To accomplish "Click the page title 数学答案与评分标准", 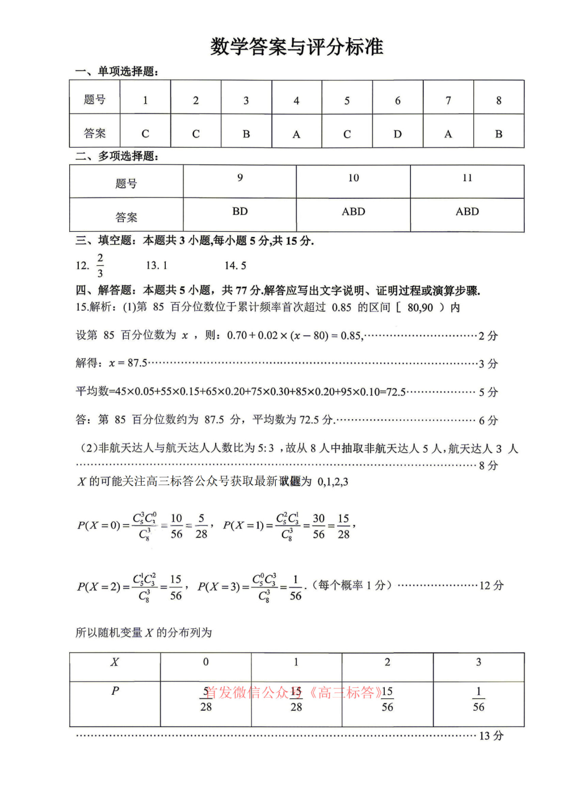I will pos(296,47).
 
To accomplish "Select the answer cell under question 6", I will pos(397,134).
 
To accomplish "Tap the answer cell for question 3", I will pos(246,134).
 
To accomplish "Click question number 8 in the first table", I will pos(498,101).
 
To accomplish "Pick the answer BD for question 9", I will pos(240,211).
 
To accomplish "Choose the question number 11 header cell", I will pos(467,178).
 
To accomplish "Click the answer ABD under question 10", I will pos(353,211).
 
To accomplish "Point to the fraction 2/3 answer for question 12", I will pos(100,265).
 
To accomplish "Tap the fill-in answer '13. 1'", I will pos(157,265).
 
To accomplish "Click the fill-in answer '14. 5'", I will pos(235,265).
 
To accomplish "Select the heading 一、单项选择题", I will pos(116,71).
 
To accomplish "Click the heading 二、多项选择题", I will pos(116,156).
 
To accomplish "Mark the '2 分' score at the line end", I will pos(488,336).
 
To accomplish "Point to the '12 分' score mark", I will pos(491,586).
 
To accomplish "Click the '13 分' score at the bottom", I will pos(491,736).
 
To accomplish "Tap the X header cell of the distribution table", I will pos(115,662).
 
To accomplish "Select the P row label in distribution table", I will pos(115,691).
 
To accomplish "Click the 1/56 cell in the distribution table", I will pos(478,699).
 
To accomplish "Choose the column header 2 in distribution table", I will pos(387,662).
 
